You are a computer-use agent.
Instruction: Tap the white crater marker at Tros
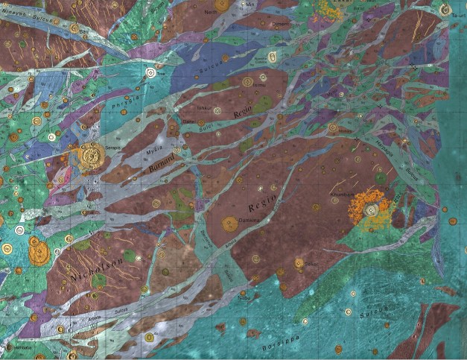click(x=152, y=73)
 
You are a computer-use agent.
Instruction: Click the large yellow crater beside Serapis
click(x=92, y=155)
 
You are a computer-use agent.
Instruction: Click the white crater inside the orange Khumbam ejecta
click(x=370, y=211)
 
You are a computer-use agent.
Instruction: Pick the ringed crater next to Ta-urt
click(x=445, y=10)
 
